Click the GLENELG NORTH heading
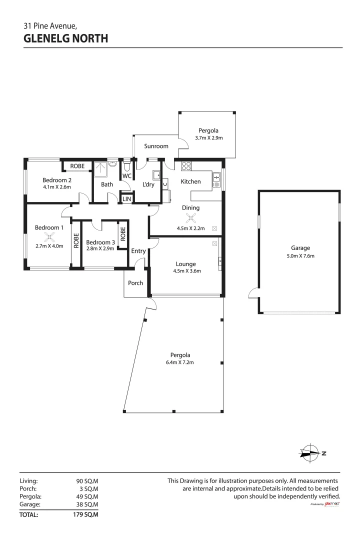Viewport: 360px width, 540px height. click(x=65, y=38)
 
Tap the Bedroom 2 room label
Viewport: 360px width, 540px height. click(x=56, y=180)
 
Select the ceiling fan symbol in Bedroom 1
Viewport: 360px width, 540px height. click(x=48, y=237)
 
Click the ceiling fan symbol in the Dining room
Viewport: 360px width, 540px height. click(x=190, y=217)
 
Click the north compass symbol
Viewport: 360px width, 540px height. click(x=310, y=453)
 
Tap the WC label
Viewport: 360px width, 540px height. click(x=126, y=176)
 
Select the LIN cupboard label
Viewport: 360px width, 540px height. click(x=127, y=199)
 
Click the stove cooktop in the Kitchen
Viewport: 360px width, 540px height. click(x=186, y=167)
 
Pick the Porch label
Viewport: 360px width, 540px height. click(x=135, y=283)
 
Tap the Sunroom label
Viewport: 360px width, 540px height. click(x=156, y=146)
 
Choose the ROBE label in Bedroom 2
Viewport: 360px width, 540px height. click(x=77, y=166)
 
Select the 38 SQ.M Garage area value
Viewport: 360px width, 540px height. click(x=87, y=505)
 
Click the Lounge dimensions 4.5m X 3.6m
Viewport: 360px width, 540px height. click(x=185, y=272)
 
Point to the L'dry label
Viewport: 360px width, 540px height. click(x=148, y=184)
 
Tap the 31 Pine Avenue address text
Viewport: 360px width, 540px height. click(x=50, y=26)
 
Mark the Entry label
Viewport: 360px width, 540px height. click(x=138, y=251)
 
